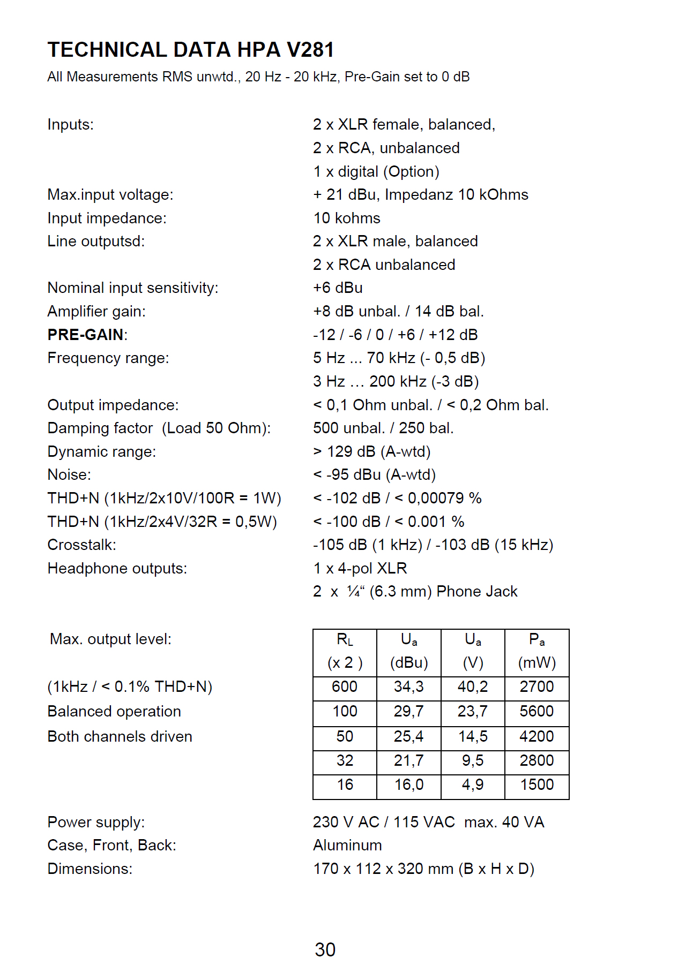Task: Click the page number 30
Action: click(x=325, y=949)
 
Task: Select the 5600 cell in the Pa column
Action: click(x=537, y=711)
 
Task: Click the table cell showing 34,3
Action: click(x=408, y=687)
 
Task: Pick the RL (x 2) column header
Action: click(x=345, y=651)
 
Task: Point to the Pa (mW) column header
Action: click(x=537, y=651)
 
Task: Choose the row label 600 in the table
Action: click(x=345, y=687)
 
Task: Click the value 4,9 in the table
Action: click(x=473, y=785)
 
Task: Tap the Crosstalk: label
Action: click(x=81, y=545)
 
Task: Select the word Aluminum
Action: click(x=347, y=845)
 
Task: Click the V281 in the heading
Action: click(x=310, y=50)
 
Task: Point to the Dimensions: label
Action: click(x=90, y=869)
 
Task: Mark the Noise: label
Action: click(x=69, y=474)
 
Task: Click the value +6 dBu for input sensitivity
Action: click(x=338, y=288)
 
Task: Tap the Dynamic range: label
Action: click(x=101, y=451)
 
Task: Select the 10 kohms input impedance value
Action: click(x=347, y=218)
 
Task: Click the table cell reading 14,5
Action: click(x=473, y=736)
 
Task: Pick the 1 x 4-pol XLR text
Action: click(x=360, y=568)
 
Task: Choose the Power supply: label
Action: click(x=96, y=822)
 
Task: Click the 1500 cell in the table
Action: click(x=537, y=785)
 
